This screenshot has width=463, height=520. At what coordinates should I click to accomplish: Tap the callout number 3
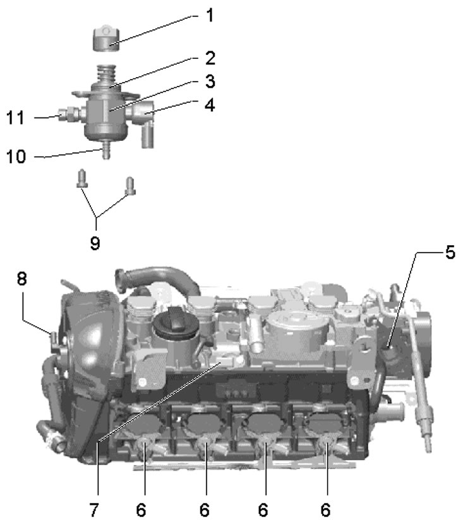(x=208, y=82)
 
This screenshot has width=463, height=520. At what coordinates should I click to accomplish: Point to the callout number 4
(x=208, y=104)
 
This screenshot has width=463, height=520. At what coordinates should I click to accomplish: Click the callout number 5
(x=449, y=253)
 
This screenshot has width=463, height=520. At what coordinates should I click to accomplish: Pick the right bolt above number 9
(x=131, y=184)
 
